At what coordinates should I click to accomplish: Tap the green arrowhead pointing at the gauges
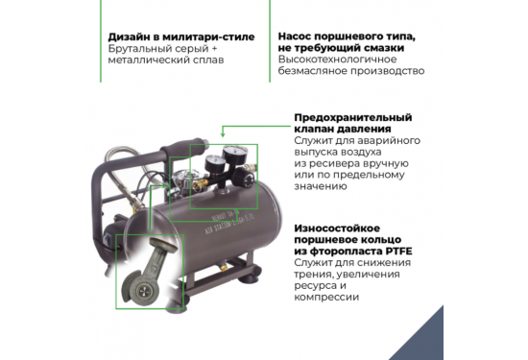(x=226, y=135)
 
